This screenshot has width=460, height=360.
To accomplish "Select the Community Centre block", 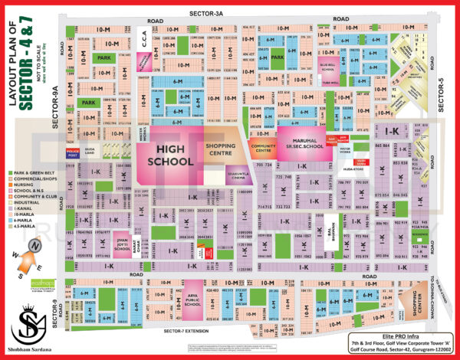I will pos(264,146).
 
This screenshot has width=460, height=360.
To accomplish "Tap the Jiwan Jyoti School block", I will pos(120,244).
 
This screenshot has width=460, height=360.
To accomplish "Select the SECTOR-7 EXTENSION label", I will pos(185,331).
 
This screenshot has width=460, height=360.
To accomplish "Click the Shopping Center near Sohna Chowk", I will pos(414,304).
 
